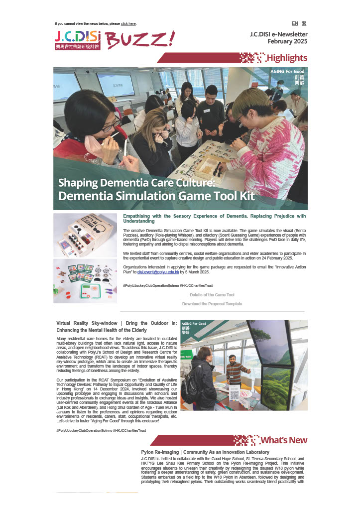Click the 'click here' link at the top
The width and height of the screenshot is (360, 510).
coord(128,23)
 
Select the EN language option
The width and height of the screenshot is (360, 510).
coord(295,23)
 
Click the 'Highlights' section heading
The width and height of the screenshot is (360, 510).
coord(287,58)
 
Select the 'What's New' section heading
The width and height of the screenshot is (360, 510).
coord(284,440)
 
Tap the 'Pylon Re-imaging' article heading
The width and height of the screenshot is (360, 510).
coord(198,452)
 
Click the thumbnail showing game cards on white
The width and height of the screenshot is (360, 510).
coord(85,281)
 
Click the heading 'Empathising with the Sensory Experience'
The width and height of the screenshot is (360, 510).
coord(214,218)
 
